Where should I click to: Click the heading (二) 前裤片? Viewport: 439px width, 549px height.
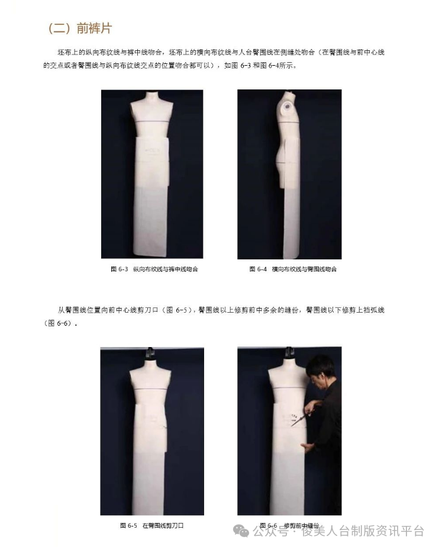[80, 28]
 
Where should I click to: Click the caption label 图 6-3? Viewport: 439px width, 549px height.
[120, 269]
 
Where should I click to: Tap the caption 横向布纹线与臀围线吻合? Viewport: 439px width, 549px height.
[304, 269]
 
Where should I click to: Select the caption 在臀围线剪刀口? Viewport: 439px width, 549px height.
[163, 525]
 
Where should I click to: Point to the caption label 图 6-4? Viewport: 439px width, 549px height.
[258, 269]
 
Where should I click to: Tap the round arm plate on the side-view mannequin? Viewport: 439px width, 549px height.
[288, 107]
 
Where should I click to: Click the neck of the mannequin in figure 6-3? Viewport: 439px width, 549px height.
[151, 96]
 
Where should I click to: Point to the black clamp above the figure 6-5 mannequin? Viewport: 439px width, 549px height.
[150, 354]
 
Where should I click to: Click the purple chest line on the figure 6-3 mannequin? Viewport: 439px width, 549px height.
[151, 121]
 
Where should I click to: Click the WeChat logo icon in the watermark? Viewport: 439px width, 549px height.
[241, 531]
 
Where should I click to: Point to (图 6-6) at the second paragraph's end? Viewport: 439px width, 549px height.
[58, 323]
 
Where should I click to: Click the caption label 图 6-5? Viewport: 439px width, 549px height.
[128, 525]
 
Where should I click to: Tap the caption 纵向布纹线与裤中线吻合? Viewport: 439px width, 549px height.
[166, 269]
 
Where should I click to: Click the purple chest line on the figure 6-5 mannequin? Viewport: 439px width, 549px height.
[151, 389]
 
